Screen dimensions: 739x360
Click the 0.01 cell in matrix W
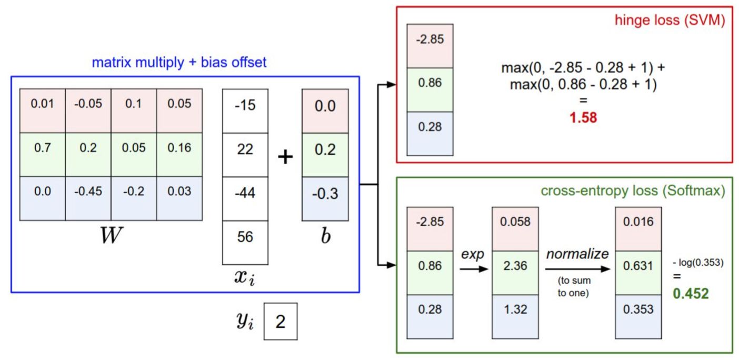point(43,111)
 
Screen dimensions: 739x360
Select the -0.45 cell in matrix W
point(88,198)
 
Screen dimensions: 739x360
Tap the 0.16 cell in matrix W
point(179,155)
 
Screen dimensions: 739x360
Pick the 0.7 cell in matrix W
point(43,155)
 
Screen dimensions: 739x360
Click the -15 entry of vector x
point(245,111)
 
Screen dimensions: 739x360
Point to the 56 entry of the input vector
point(245,243)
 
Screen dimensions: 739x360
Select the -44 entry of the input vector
point(245,198)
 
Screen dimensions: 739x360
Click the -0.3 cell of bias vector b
point(325,198)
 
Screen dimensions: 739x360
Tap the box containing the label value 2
point(281,322)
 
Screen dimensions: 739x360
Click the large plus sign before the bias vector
point(285,156)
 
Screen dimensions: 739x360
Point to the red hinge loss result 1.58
point(583,118)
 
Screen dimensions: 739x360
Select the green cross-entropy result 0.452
point(691,294)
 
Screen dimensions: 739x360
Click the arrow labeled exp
point(474,269)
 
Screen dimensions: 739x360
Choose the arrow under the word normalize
point(578,269)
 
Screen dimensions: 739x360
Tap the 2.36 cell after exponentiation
point(515,273)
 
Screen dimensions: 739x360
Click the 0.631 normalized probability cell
point(638,273)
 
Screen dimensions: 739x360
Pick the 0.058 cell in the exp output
point(515,229)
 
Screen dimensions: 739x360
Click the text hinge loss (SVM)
point(670,21)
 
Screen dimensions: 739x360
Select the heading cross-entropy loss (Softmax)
point(633,191)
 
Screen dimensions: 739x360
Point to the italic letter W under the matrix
point(111,235)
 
